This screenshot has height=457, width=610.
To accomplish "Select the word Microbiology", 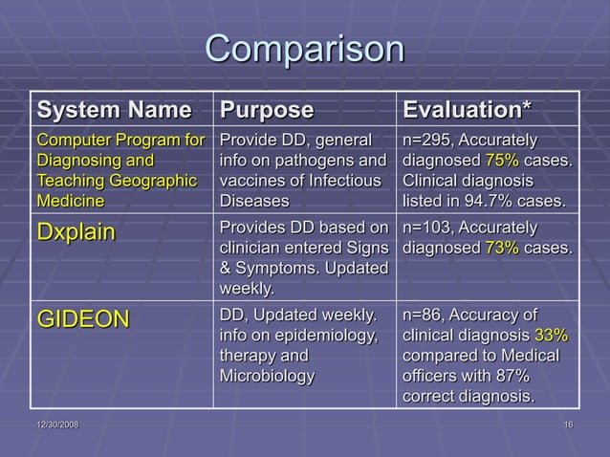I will point(267,375).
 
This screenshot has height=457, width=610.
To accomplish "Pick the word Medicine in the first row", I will point(70,202).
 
